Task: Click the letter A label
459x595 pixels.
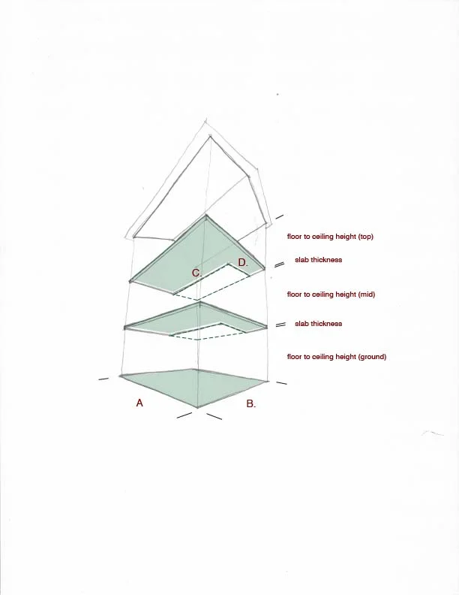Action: [x=139, y=403]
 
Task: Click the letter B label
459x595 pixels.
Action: [x=250, y=403]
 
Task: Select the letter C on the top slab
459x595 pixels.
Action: [x=196, y=273]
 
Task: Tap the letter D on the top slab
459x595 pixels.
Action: [x=243, y=262]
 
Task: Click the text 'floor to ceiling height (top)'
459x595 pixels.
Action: [x=330, y=237]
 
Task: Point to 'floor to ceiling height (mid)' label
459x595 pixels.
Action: [x=331, y=294]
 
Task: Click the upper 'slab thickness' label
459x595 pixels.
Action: [x=318, y=260]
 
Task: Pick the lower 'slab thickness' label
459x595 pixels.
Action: [x=318, y=324]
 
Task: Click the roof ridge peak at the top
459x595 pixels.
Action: [x=210, y=136]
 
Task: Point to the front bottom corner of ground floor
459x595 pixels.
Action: [x=197, y=408]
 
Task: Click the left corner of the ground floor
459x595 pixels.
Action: [x=120, y=376]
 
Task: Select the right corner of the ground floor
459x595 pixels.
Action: [x=268, y=380]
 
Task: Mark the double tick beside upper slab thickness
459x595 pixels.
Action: [x=279, y=264]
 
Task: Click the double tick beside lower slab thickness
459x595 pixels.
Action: [x=280, y=325]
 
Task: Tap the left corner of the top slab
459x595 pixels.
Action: [x=130, y=282]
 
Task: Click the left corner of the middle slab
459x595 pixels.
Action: [x=125, y=328]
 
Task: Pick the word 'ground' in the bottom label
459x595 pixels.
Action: [x=370, y=356]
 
